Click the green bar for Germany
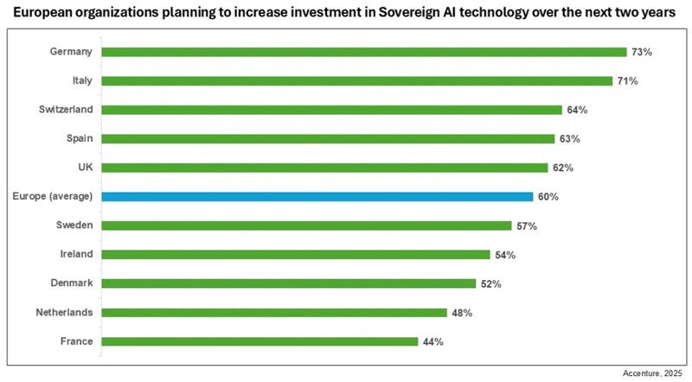(363, 52)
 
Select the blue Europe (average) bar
(317, 196)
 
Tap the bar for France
(259, 341)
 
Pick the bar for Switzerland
(331, 110)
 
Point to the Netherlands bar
(274, 312)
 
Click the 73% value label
(641, 52)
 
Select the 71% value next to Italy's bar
(627, 80)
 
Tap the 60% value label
(548, 196)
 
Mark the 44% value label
(432, 341)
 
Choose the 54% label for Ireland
(505, 254)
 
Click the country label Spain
(80, 138)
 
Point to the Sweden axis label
(75, 225)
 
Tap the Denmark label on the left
(73, 283)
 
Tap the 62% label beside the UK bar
(563, 168)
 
